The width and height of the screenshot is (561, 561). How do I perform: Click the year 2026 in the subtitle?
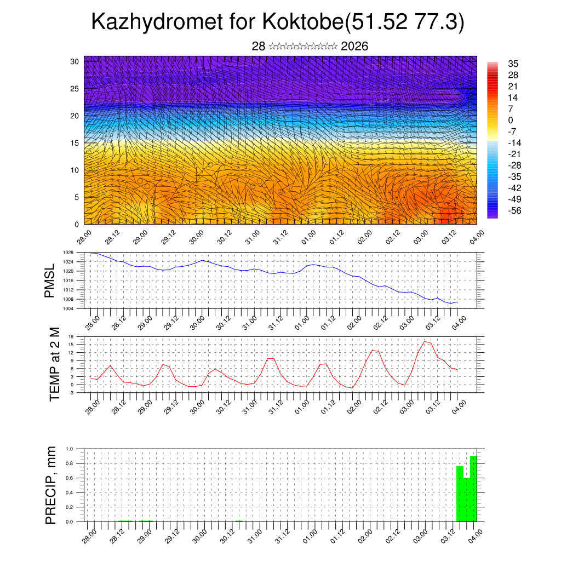[x=354, y=47]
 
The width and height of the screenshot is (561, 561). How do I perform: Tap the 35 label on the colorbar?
[x=513, y=64]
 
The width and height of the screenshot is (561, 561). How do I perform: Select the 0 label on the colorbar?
[x=511, y=120]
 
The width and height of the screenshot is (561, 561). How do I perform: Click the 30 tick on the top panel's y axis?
[x=75, y=61]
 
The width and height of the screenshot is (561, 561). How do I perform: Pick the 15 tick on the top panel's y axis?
[x=75, y=143]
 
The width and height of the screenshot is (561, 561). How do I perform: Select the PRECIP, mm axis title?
[x=51, y=484]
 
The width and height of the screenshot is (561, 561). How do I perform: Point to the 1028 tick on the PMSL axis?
[x=68, y=253]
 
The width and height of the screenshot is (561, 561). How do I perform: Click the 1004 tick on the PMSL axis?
[x=68, y=308]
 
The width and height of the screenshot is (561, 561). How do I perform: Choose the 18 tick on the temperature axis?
[x=71, y=336]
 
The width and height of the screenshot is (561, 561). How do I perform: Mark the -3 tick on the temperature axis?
[x=71, y=393]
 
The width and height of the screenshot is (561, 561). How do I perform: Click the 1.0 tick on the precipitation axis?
[x=70, y=449]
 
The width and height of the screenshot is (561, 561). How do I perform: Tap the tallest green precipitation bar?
[x=473, y=488]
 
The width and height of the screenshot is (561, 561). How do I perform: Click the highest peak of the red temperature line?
[x=425, y=341]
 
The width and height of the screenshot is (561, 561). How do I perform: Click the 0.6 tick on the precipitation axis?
[x=70, y=478]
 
